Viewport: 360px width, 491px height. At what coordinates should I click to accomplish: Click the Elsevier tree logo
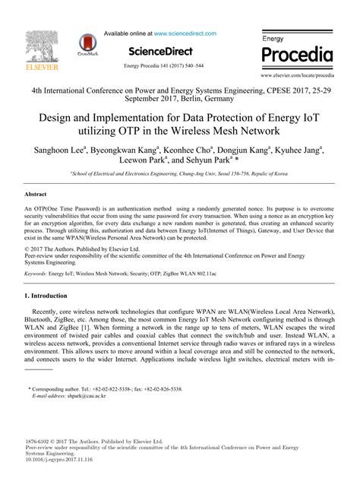point(36,46)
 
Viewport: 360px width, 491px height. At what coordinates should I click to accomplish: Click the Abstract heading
point(37,195)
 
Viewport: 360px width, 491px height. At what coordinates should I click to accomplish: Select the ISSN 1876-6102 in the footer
point(40,441)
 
